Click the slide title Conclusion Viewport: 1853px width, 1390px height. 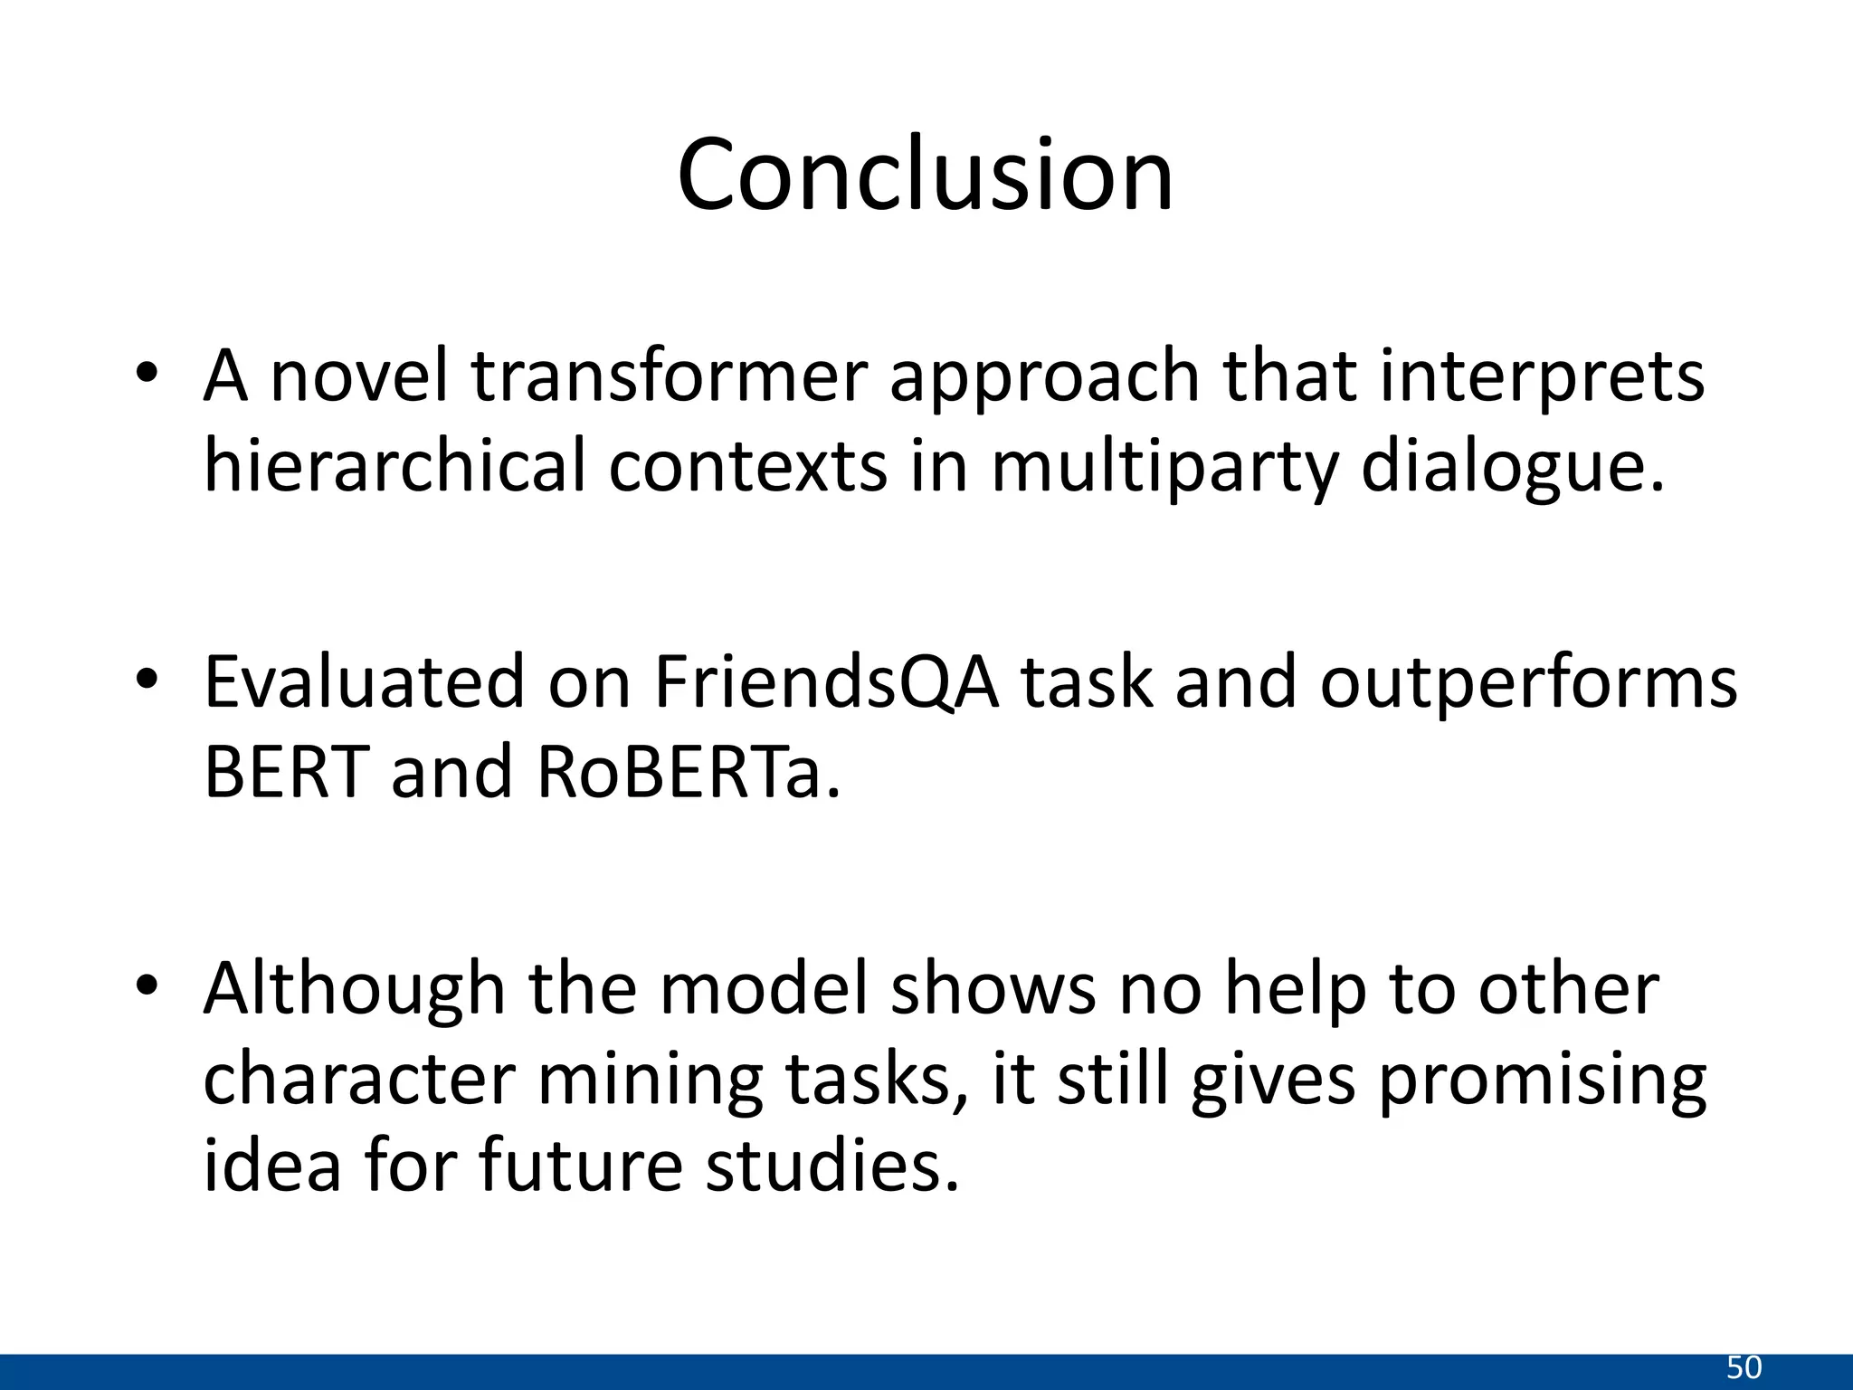tap(925, 175)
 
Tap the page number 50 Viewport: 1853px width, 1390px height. tap(1744, 1367)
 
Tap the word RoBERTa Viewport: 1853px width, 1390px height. tap(689, 773)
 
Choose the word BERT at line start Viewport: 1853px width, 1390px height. tap(287, 773)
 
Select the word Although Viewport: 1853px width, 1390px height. tap(354, 989)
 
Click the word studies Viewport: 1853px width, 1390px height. tap(831, 1165)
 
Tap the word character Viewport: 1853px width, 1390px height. tap(359, 1079)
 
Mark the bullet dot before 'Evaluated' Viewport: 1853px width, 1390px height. tap(147, 679)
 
